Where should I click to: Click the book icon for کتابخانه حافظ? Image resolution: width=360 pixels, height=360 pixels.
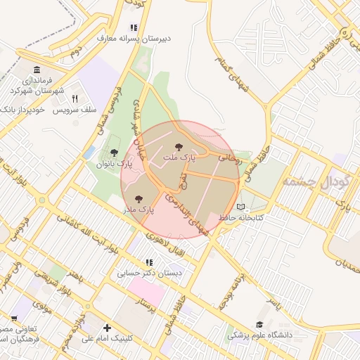pyautogui.click(x=241, y=207)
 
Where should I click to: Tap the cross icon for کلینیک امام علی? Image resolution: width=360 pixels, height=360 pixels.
pyautogui.click(x=107, y=328)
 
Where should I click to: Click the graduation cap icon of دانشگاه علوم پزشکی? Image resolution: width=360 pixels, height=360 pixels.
pyautogui.click(x=259, y=324)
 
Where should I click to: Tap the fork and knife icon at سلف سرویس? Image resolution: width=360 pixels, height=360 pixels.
pyautogui.click(x=74, y=98)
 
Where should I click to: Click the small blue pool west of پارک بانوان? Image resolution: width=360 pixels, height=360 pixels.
pyautogui.click(x=89, y=152)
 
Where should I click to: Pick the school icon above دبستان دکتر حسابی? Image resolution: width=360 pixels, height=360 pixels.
pyautogui.click(x=149, y=262)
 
